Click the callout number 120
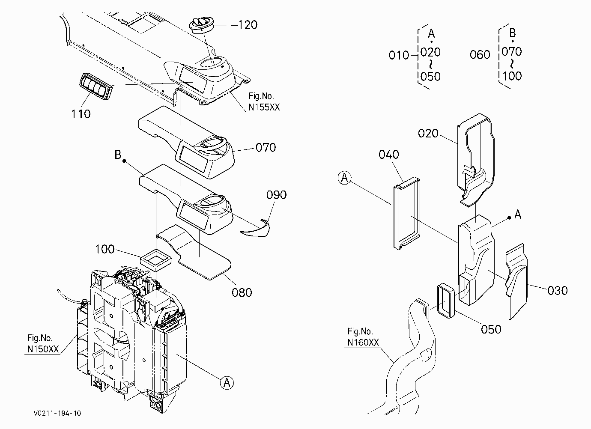248,25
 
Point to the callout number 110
81,114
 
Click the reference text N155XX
264,107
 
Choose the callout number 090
276,195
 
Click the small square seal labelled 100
155,260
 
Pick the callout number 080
242,292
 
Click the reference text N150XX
43,349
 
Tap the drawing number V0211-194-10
57,413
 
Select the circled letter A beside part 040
345,178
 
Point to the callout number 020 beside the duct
428,134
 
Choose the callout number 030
557,291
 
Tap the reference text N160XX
363,343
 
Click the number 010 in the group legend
399,55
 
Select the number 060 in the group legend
480,55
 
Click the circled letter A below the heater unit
227,383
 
